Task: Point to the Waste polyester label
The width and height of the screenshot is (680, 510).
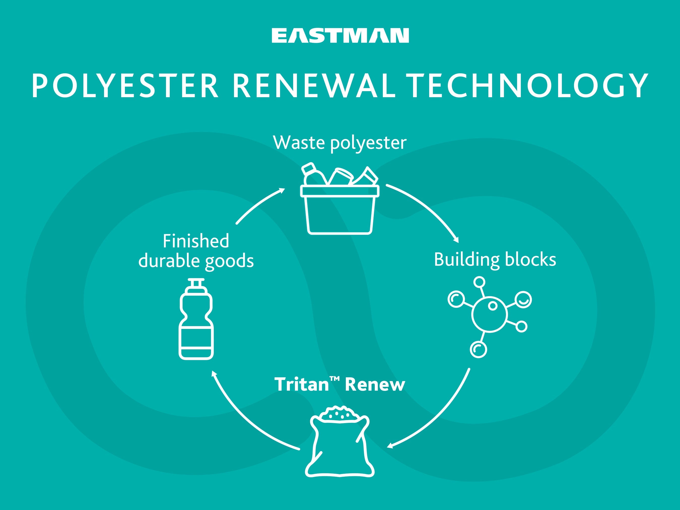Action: coord(340,143)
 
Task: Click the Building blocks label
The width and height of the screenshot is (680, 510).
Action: coord(495,260)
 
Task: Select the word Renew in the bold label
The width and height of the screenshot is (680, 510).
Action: coord(375,385)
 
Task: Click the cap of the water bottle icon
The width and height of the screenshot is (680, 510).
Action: coord(196,284)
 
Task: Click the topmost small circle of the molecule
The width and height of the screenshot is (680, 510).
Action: coord(479,282)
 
